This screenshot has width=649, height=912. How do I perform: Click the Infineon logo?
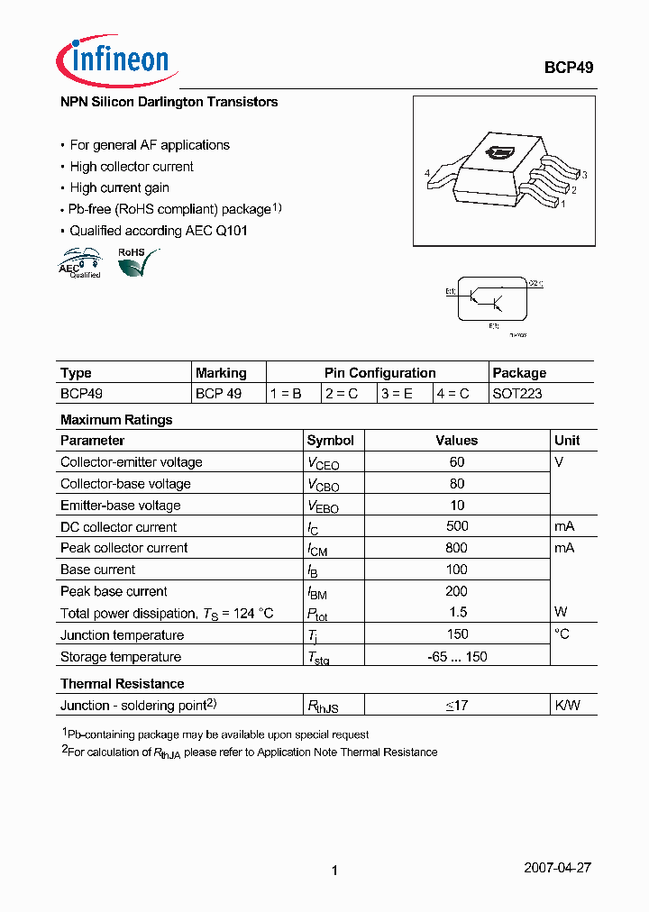tap(114, 60)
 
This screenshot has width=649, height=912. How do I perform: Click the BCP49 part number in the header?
tap(568, 68)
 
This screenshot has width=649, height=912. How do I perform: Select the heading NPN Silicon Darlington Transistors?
tap(169, 103)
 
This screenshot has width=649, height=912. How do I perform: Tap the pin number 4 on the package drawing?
tap(426, 173)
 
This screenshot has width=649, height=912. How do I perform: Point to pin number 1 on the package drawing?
tap(562, 204)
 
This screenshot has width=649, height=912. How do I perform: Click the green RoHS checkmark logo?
tap(137, 262)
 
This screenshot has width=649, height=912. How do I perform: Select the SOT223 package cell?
tap(517, 394)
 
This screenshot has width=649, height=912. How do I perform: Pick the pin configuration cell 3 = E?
tap(403, 394)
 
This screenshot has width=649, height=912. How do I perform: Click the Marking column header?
tap(221, 372)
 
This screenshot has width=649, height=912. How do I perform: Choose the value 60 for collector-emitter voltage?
tap(456, 462)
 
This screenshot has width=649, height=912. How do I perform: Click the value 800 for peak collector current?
tap(456, 548)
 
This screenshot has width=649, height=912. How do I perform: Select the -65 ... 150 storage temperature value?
tap(456, 657)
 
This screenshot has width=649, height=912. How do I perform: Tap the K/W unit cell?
tap(567, 706)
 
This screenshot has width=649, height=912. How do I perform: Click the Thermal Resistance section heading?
tap(122, 684)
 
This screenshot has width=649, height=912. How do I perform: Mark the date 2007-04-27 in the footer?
tap(557, 868)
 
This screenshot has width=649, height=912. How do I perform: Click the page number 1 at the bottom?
tap(334, 871)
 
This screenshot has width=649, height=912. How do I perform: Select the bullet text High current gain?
tap(119, 188)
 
